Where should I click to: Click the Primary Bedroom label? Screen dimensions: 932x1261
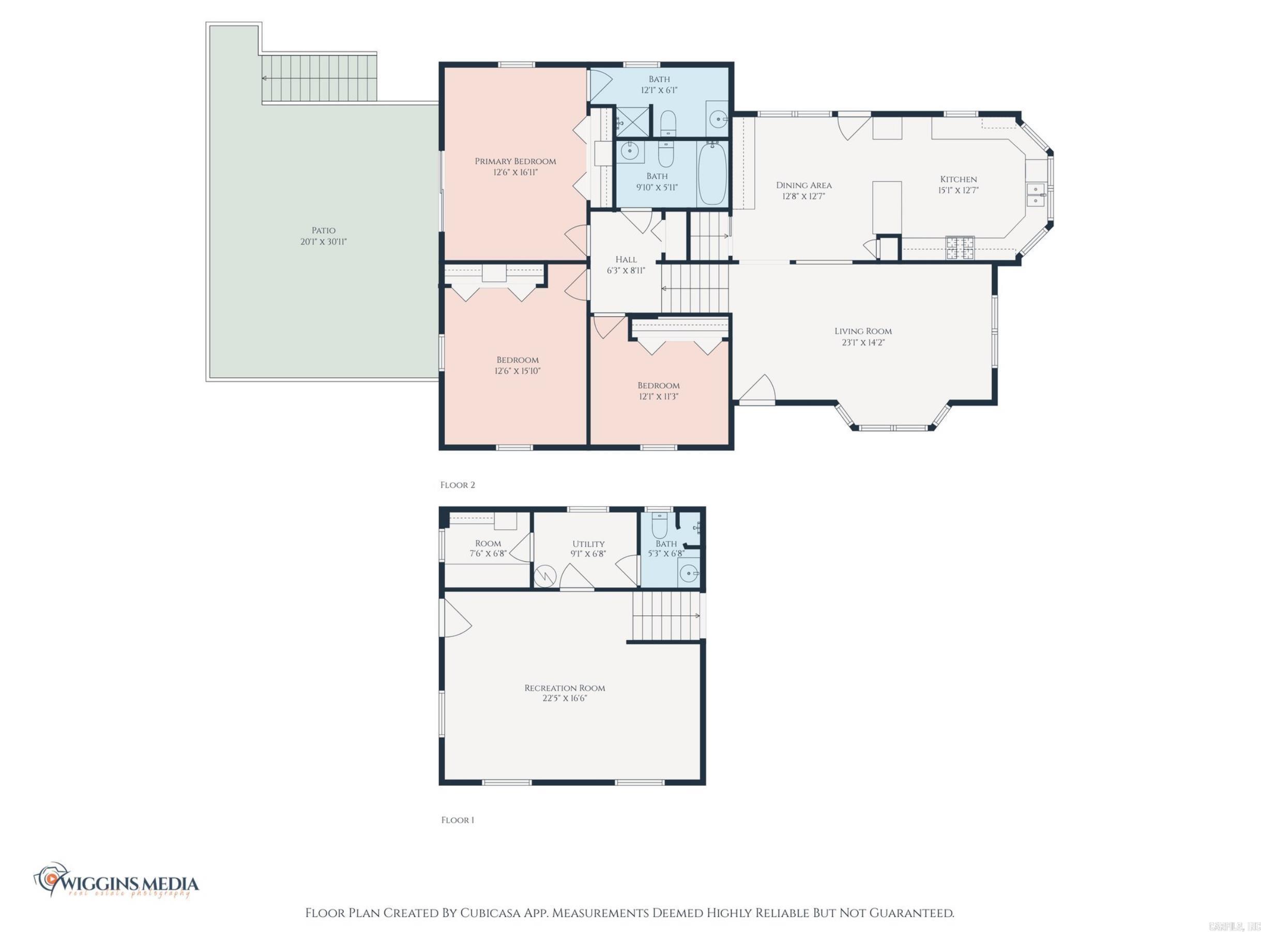coord(515,161)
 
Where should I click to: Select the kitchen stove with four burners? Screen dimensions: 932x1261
coord(960,248)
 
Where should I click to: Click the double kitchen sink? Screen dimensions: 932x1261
coord(1036,195)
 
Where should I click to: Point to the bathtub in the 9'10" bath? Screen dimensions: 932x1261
coord(712,174)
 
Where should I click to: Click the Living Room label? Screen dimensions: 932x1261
coord(863,331)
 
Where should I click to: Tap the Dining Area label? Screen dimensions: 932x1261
coord(804,185)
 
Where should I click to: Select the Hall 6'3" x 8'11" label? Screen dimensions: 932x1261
coord(626,265)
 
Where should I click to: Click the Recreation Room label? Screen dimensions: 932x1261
coord(565,688)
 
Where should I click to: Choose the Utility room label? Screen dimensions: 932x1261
coord(588,544)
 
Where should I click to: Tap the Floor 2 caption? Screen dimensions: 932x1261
coord(457,485)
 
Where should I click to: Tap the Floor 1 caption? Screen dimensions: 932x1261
coord(457,820)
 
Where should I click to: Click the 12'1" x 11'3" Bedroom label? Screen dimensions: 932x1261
coord(658,391)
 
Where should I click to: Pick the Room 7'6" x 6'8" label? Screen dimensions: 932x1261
coord(488,548)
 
